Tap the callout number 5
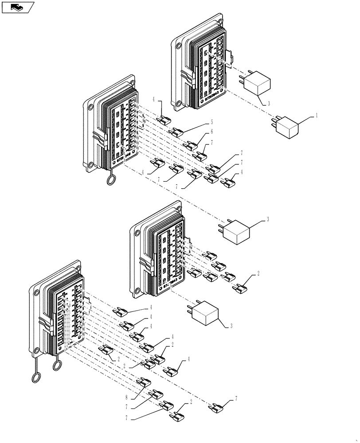(x=212, y=121)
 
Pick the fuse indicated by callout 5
(x=178, y=131)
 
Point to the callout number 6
(x=212, y=132)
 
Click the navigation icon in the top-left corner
(x=17, y=7)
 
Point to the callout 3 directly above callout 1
(x=268, y=104)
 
